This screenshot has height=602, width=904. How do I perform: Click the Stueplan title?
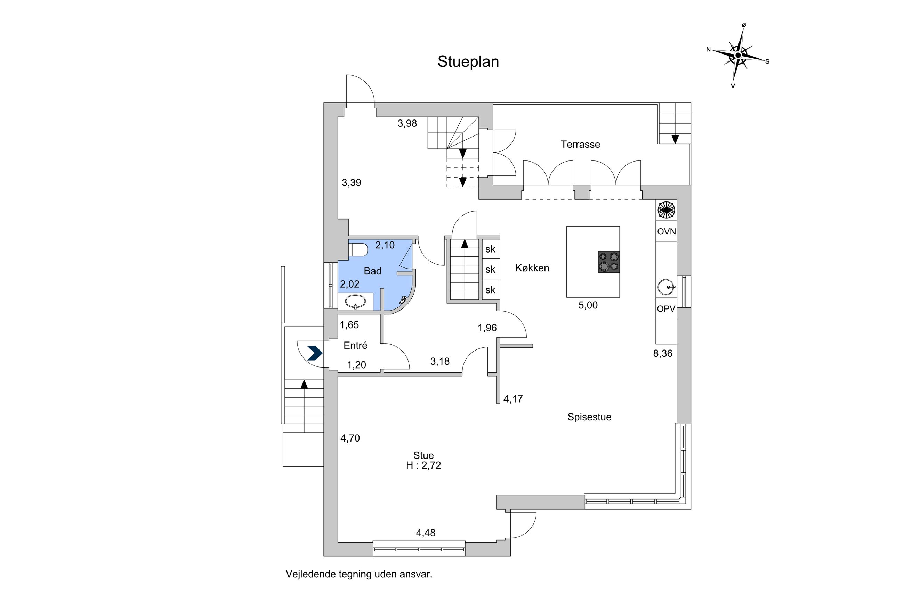coord(468,62)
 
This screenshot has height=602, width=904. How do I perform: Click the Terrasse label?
coord(580,145)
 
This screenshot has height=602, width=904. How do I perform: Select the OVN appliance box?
coord(666,231)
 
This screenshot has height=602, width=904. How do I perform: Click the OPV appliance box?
coord(666,308)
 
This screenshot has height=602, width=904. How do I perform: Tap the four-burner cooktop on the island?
coord(608,262)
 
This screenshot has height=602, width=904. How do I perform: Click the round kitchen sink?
coord(665,287)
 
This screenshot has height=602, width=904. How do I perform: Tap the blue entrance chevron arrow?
coord(315,353)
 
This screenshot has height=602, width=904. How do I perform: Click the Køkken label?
coord(532,268)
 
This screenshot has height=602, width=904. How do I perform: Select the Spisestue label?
coord(589,417)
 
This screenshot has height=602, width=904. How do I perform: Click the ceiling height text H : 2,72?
coord(423,465)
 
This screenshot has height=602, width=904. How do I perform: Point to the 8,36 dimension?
coord(662,354)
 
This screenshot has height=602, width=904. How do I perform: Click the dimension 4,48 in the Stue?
coord(425,533)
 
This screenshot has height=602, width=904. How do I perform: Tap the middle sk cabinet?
coord(490,270)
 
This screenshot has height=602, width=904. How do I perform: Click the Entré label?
coord(355,346)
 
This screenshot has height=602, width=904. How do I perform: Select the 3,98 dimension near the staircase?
coord(407,124)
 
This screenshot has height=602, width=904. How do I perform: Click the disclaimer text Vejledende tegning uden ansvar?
coord(358,574)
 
